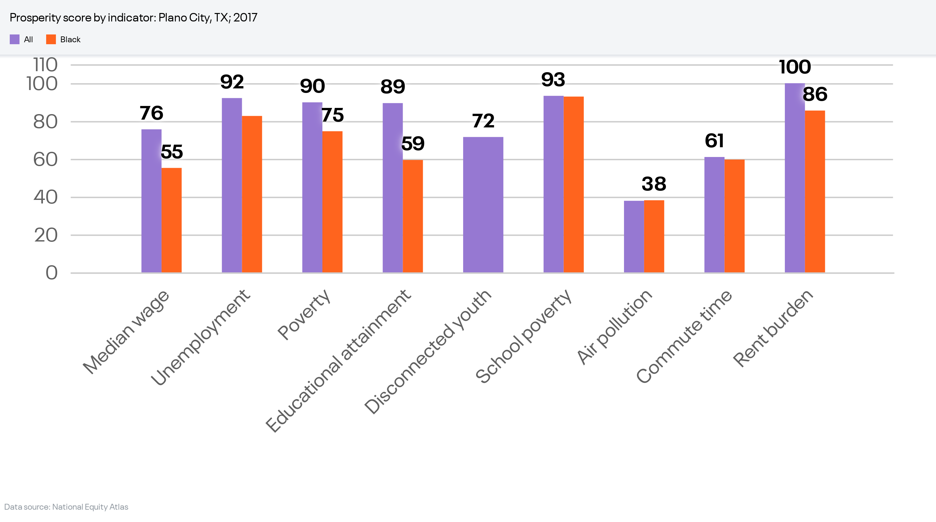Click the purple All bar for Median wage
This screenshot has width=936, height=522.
[x=151, y=201]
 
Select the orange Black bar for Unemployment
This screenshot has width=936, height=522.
[x=252, y=194]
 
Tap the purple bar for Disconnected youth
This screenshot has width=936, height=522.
[x=483, y=205]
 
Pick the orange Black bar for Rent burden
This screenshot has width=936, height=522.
[x=815, y=191]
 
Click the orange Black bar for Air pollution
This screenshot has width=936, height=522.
[x=654, y=236]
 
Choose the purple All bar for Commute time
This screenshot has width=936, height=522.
[x=714, y=215]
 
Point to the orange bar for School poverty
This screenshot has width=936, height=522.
[x=573, y=184]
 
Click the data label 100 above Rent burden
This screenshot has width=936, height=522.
[x=795, y=67]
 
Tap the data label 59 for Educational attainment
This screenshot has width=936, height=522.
[x=413, y=143]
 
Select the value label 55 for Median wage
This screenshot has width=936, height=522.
[x=172, y=151]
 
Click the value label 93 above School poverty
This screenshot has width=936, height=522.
[x=553, y=80]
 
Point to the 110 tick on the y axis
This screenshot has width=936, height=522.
[x=45, y=65]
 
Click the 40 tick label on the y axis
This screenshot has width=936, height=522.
[x=45, y=197]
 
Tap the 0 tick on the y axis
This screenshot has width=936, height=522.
[x=51, y=273]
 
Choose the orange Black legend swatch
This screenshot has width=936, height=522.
[x=51, y=39]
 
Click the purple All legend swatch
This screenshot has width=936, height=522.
[x=15, y=39]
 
